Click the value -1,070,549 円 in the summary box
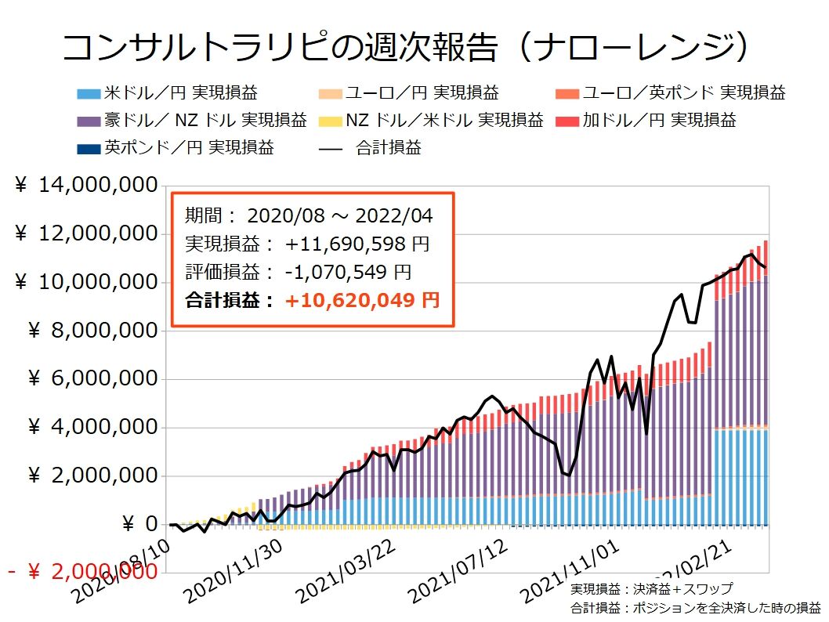tap(348, 272)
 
